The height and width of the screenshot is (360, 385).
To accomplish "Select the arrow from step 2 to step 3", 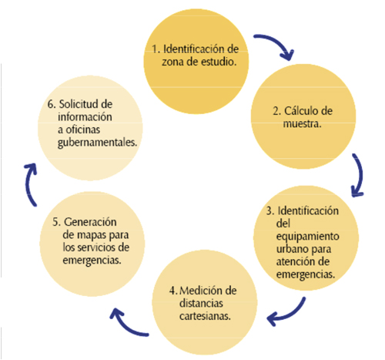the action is [x=361, y=175].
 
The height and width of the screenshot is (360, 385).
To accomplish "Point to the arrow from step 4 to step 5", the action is [x=126, y=326].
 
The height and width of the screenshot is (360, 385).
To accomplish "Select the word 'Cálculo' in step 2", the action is [x=301, y=111].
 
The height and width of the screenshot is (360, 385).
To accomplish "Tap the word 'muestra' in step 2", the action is [x=301, y=124].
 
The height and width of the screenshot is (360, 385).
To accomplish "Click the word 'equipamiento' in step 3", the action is [x=307, y=237].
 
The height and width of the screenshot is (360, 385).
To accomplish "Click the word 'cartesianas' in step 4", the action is [x=204, y=316].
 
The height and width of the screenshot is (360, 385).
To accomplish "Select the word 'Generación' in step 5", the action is [x=90, y=222].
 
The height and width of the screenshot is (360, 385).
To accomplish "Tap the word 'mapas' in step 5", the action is [x=92, y=235].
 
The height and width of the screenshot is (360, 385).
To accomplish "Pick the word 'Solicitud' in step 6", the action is [x=79, y=104].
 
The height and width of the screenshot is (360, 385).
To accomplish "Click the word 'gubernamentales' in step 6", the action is [x=97, y=143].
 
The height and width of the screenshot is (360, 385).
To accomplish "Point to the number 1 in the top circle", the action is [x=154, y=49].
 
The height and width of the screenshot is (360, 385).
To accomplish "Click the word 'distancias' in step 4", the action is [x=201, y=303].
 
